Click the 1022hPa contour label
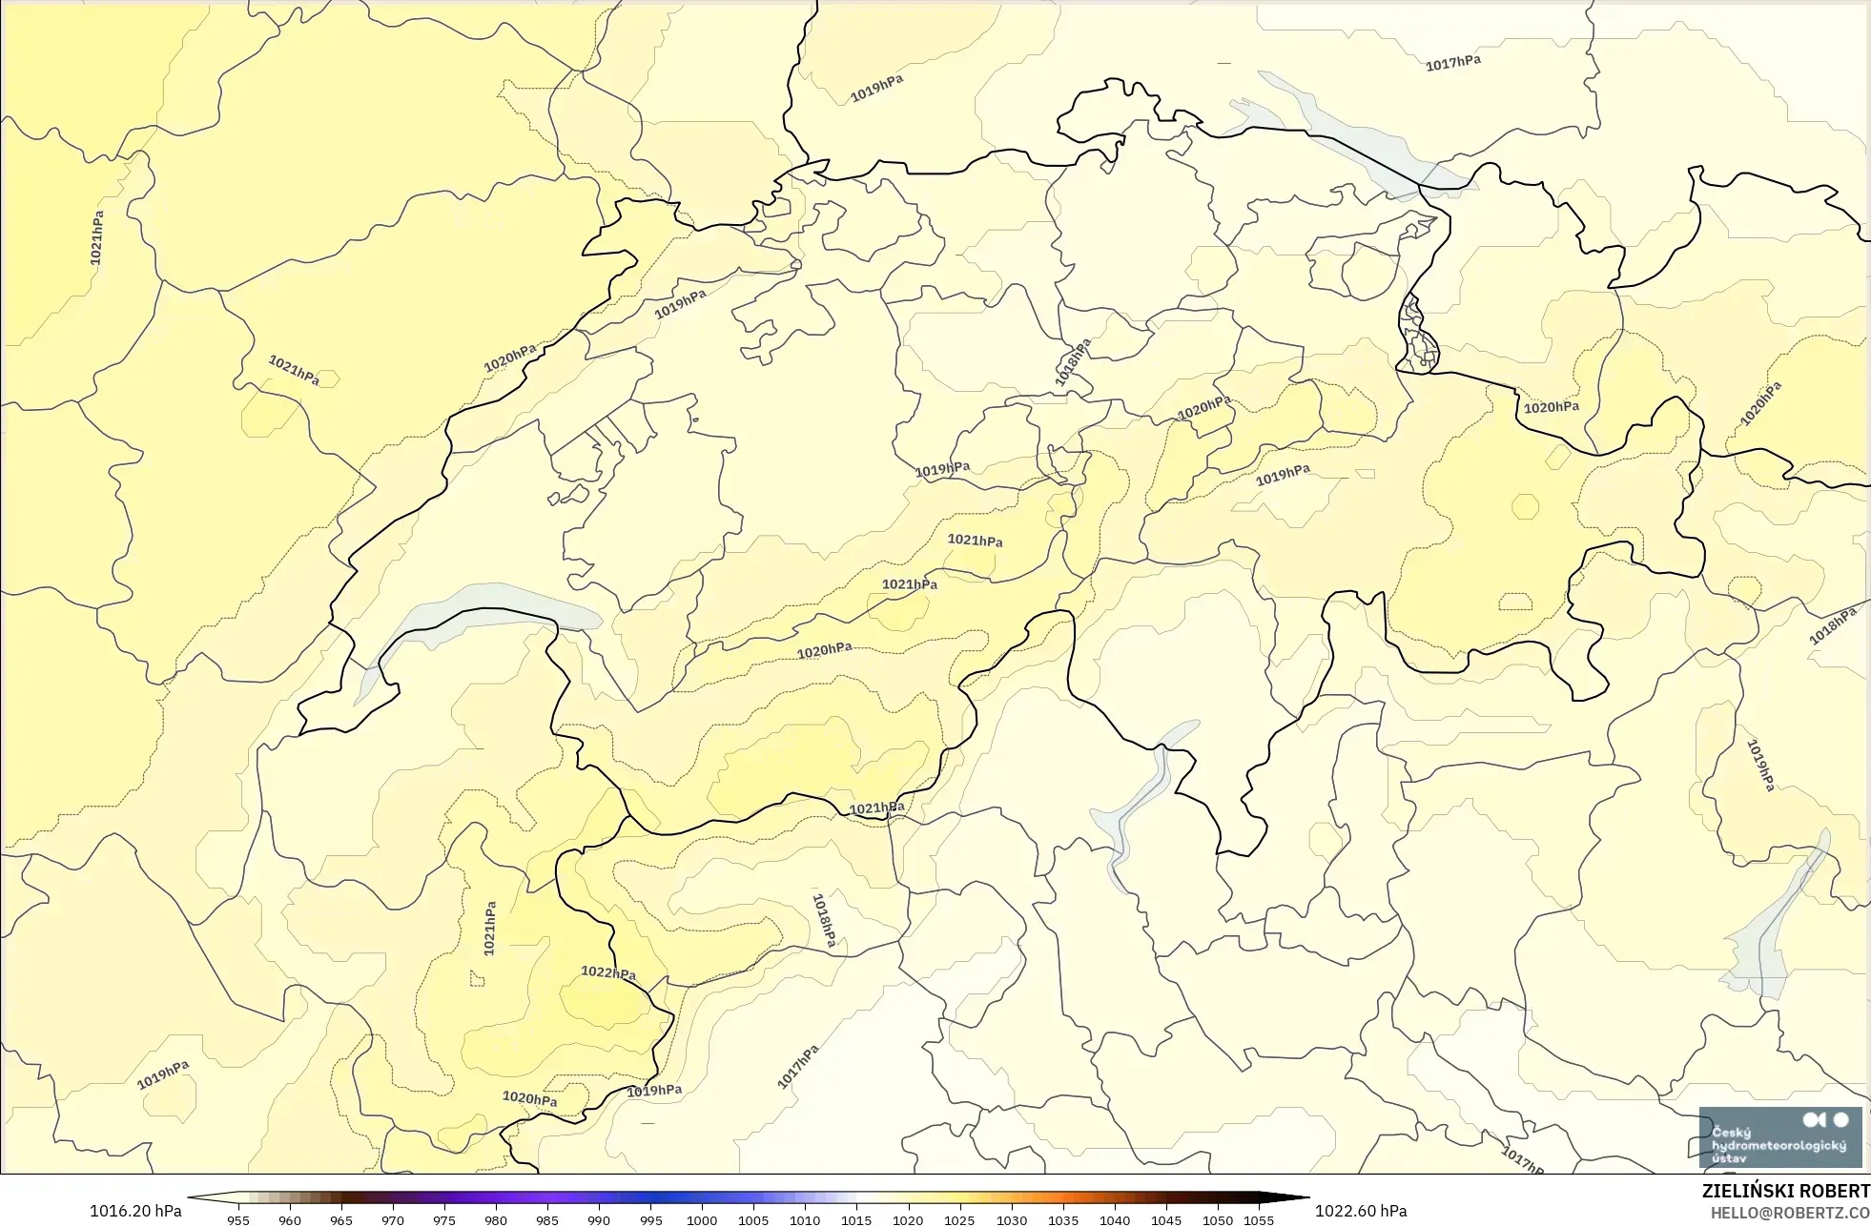(608, 972)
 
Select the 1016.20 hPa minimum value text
(135, 1211)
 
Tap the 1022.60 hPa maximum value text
(1361, 1211)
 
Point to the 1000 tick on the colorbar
(702, 1219)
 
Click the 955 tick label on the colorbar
(238, 1219)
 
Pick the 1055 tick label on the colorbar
(1259, 1219)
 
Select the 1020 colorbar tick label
(908, 1219)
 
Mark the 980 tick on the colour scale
(496, 1219)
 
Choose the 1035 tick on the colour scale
(1063, 1219)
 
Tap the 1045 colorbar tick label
(1166, 1219)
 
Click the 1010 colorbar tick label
(805, 1219)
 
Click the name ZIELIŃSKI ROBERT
(1785, 1191)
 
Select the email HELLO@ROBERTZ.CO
(1789, 1213)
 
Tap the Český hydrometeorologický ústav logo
(1779, 1136)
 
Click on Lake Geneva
(477, 610)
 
